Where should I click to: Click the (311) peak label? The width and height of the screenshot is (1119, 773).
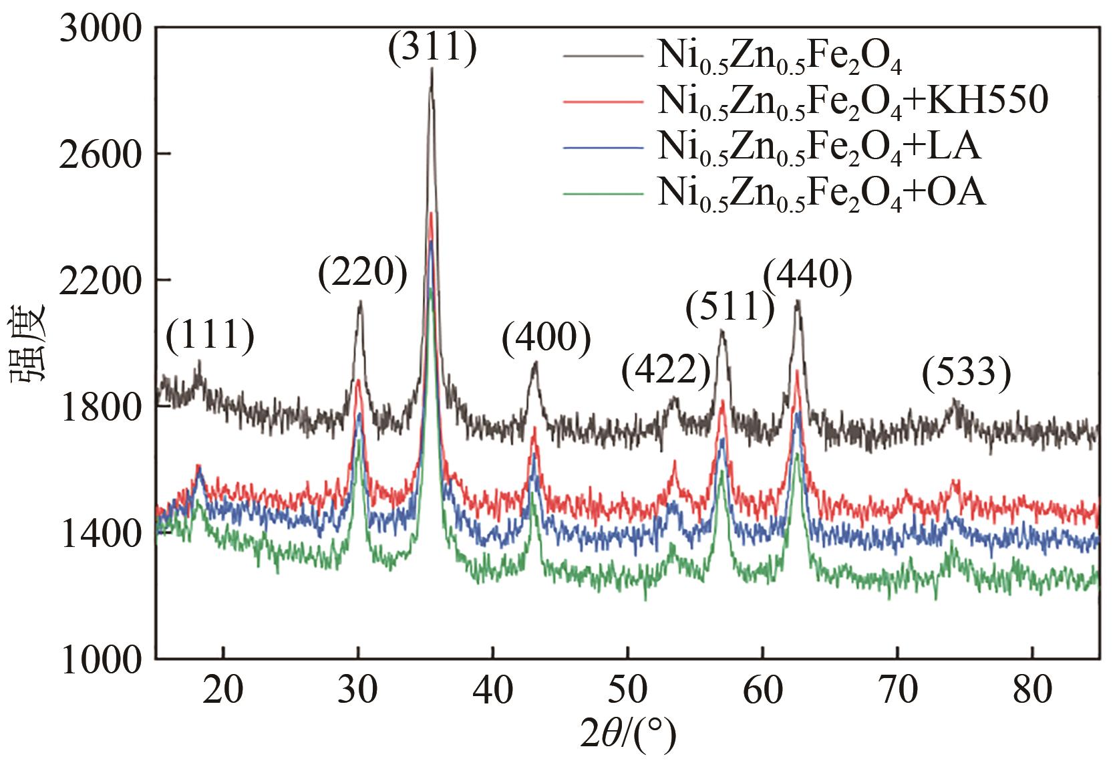click(432, 49)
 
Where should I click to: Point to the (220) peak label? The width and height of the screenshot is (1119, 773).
click(362, 275)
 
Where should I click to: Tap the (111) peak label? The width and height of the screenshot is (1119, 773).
click(210, 336)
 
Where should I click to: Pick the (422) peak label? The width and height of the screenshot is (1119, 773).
click(665, 372)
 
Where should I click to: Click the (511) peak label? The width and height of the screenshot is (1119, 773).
click(730, 308)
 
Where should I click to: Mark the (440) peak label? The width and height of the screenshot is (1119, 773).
click(807, 275)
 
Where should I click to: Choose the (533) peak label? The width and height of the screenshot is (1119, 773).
click(965, 372)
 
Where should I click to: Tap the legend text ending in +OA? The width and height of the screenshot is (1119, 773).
click(821, 195)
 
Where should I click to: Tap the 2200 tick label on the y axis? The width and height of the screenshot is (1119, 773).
click(100, 280)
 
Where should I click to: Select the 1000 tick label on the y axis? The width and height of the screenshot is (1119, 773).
click(100, 659)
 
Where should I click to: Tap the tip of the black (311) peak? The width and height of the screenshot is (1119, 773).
click(432, 68)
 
